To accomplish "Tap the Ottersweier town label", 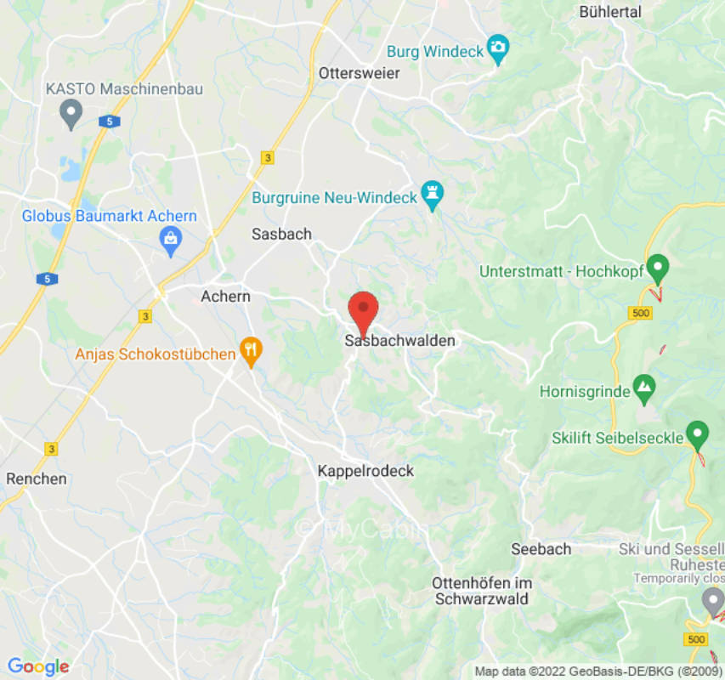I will tap(359, 73).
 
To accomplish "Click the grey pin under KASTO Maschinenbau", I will tap(71, 112).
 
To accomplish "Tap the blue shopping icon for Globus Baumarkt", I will tap(171, 241).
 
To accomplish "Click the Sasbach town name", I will tap(282, 234).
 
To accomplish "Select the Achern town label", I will tap(225, 297).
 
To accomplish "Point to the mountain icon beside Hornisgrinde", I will tap(644, 388).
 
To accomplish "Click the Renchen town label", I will tap(37, 479).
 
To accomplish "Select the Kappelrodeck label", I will tap(365, 470).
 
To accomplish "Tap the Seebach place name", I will tap(541, 549).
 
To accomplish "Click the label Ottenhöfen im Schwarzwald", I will tap(482, 591).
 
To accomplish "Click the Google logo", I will tap(37, 667).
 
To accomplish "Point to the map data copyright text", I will tap(598, 671).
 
